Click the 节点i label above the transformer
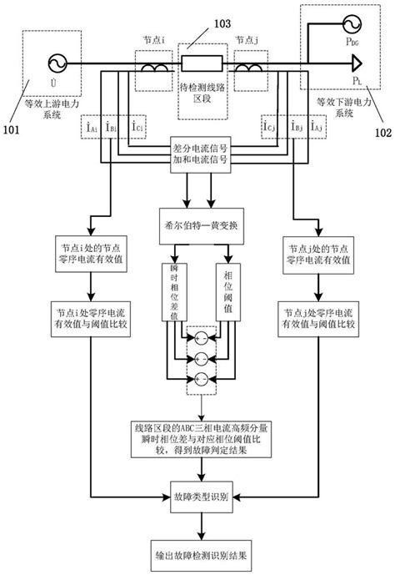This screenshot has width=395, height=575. (x=156, y=39)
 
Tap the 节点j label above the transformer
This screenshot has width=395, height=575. (x=247, y=39)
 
